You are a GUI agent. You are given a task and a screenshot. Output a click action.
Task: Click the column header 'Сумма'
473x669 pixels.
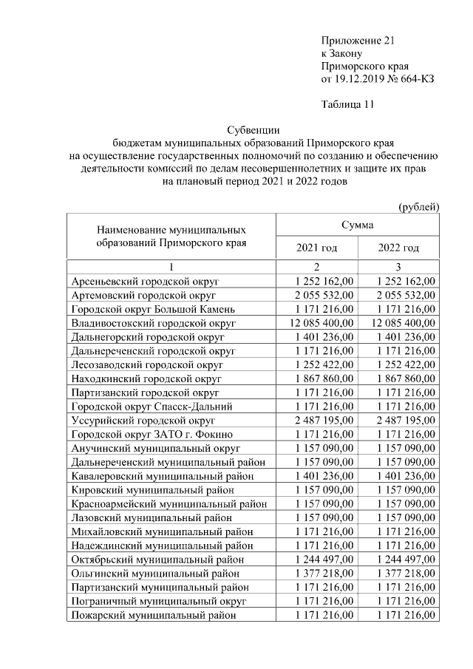pos(358,224)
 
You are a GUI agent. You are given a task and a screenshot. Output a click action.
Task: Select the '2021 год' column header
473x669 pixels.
pos(316,248)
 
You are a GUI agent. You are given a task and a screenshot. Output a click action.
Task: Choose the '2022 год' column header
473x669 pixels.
pos(398,248)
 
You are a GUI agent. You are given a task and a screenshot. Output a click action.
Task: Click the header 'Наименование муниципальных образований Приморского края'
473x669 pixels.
pos(171,236)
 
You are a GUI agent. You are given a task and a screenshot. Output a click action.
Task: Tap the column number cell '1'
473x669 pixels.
pos(171,267)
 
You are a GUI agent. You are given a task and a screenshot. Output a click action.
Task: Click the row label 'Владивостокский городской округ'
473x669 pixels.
pos(153,323)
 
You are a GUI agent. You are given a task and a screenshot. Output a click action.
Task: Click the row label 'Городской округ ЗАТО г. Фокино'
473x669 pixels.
pos(152,435)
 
